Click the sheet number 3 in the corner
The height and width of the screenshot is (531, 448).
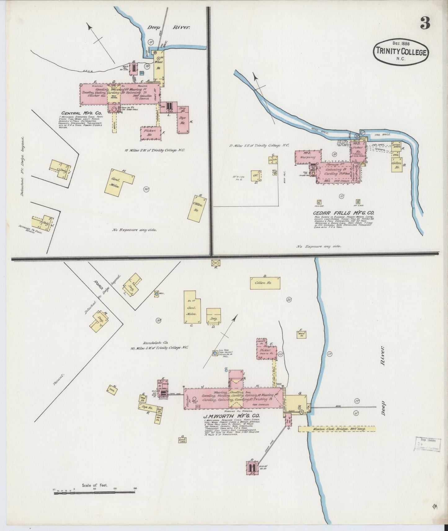425,23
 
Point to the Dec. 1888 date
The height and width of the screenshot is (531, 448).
401,43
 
